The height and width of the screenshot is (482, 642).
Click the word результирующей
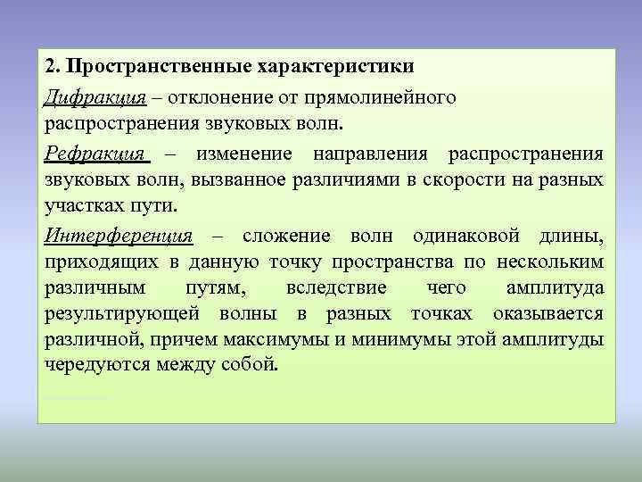(125, 314)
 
